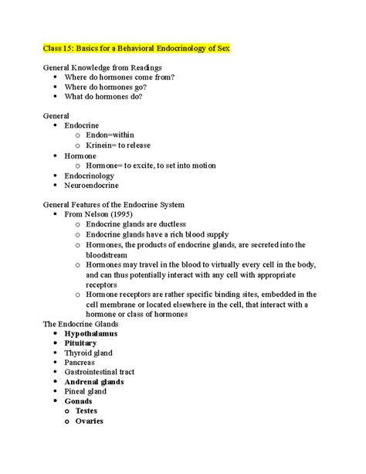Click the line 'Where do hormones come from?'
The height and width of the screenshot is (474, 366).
tap(119, 77)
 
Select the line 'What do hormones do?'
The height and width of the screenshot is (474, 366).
tap(104, 97)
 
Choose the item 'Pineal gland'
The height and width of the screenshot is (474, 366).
tap(88, 391)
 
